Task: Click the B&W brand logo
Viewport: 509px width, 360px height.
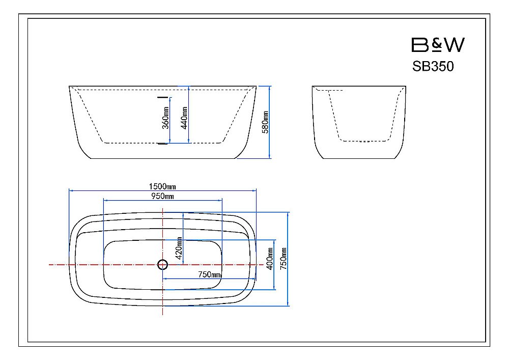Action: coord(437,45)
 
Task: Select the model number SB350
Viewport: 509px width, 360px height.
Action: coord(433,67)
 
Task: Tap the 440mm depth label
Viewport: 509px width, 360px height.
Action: coord(184,117)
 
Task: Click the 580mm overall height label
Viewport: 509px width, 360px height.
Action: coord(265,122)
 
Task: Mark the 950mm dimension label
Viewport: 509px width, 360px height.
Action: coord(163,196)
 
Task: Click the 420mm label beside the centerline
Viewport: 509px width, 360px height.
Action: coord(179,249)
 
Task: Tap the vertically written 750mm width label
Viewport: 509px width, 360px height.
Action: coord(284,258)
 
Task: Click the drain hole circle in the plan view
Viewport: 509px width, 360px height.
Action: coord(162,265)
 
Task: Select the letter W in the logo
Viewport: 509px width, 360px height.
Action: coord(454,45)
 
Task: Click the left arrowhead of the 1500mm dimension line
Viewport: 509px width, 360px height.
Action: coord(70,191)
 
